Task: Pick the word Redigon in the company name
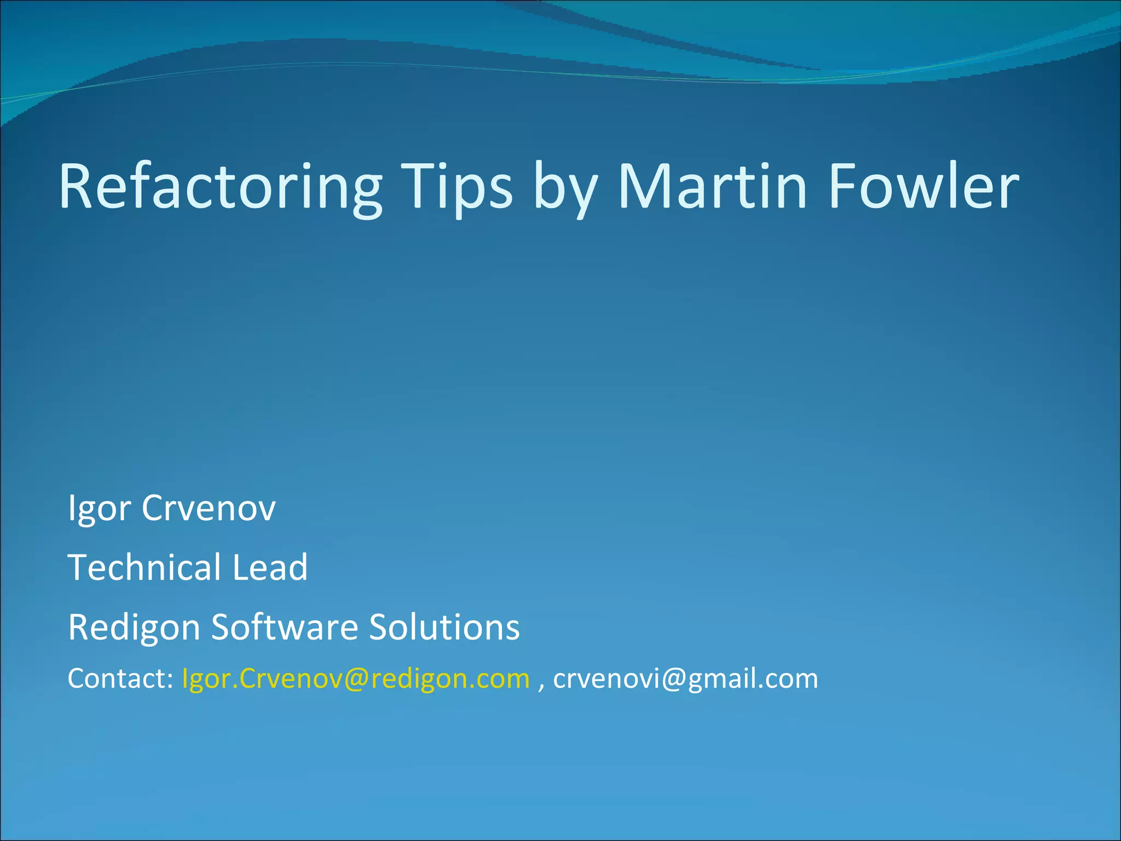coord(134,627)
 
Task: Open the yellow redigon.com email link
coord(356,679)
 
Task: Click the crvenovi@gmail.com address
coord(685,679)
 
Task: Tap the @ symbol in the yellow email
coord(357,679)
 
